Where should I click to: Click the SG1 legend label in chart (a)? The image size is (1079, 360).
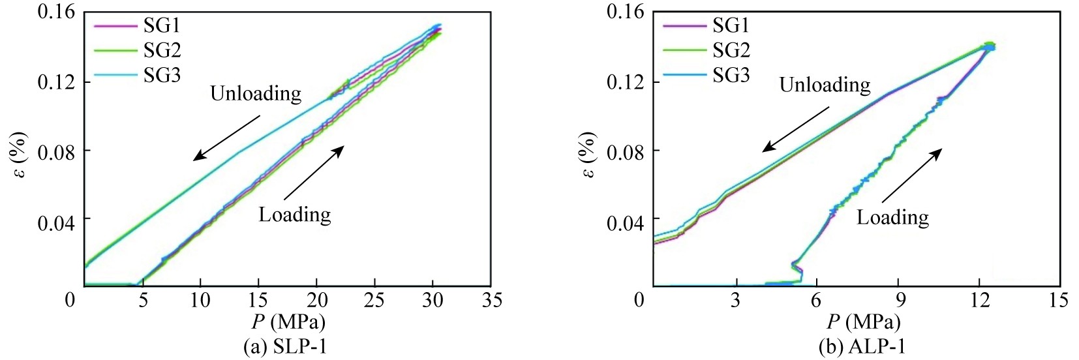tap(162, 25)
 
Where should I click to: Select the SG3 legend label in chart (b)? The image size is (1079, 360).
tap(731, 76)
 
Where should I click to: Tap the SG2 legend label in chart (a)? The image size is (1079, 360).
tap(162, 50)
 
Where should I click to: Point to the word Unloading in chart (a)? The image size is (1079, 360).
tap(255, 94)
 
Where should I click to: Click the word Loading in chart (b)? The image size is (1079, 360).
tap(892, 217)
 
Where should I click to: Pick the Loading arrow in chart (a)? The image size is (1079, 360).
tap(314, 172)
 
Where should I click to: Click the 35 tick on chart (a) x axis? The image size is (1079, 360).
tap(491, 300)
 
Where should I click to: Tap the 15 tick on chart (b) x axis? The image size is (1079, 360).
tap(1059, 300)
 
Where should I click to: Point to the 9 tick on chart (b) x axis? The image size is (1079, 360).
tap(898, 300)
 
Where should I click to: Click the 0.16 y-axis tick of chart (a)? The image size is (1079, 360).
tap(56, 12)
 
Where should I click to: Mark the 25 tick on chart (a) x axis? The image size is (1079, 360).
tap(374, 300)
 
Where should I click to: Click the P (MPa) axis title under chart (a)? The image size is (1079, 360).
tap(288, 322)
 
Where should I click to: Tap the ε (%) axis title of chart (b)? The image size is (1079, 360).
tap(587, 155)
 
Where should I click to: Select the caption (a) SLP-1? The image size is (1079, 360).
tap(285, 347)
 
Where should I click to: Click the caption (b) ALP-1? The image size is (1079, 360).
tap(862, 347)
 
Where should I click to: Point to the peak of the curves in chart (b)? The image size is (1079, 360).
tap(990, 46)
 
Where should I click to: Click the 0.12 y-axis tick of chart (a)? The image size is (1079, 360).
tap(56, 83)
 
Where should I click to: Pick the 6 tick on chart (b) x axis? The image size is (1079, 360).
tap(816, 300)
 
